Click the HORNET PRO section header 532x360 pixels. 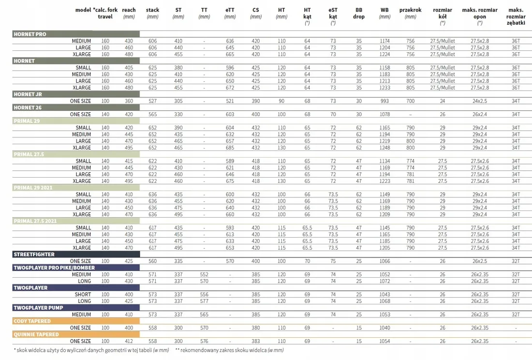click(30, 34)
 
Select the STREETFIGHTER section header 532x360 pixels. click(34, 255)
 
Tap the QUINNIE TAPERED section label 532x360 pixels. click(36, 334)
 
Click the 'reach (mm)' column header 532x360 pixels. click(129, 13)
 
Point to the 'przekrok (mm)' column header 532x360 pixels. click(411, 13)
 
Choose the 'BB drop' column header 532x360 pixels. click(359, 13)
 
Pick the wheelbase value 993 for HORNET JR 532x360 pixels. click(385, 101)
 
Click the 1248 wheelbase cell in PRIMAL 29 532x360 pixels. click(385, 148)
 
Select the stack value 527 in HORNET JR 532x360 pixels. click(153, 101)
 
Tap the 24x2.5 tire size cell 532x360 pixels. click(480, 101)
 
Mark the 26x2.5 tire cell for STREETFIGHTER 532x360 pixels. click(480, 261)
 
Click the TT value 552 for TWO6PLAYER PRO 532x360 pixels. click(204, 274)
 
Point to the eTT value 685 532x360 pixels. click(230, 148)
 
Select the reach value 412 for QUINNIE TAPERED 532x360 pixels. click(129, 341)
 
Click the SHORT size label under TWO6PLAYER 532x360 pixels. click(83, 295)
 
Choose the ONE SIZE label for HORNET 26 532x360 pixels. click(80, 114)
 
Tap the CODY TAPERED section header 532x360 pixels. click(32, 321)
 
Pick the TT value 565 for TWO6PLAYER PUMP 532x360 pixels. click(204, 315)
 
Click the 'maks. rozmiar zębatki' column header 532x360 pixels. click(516, 16)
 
